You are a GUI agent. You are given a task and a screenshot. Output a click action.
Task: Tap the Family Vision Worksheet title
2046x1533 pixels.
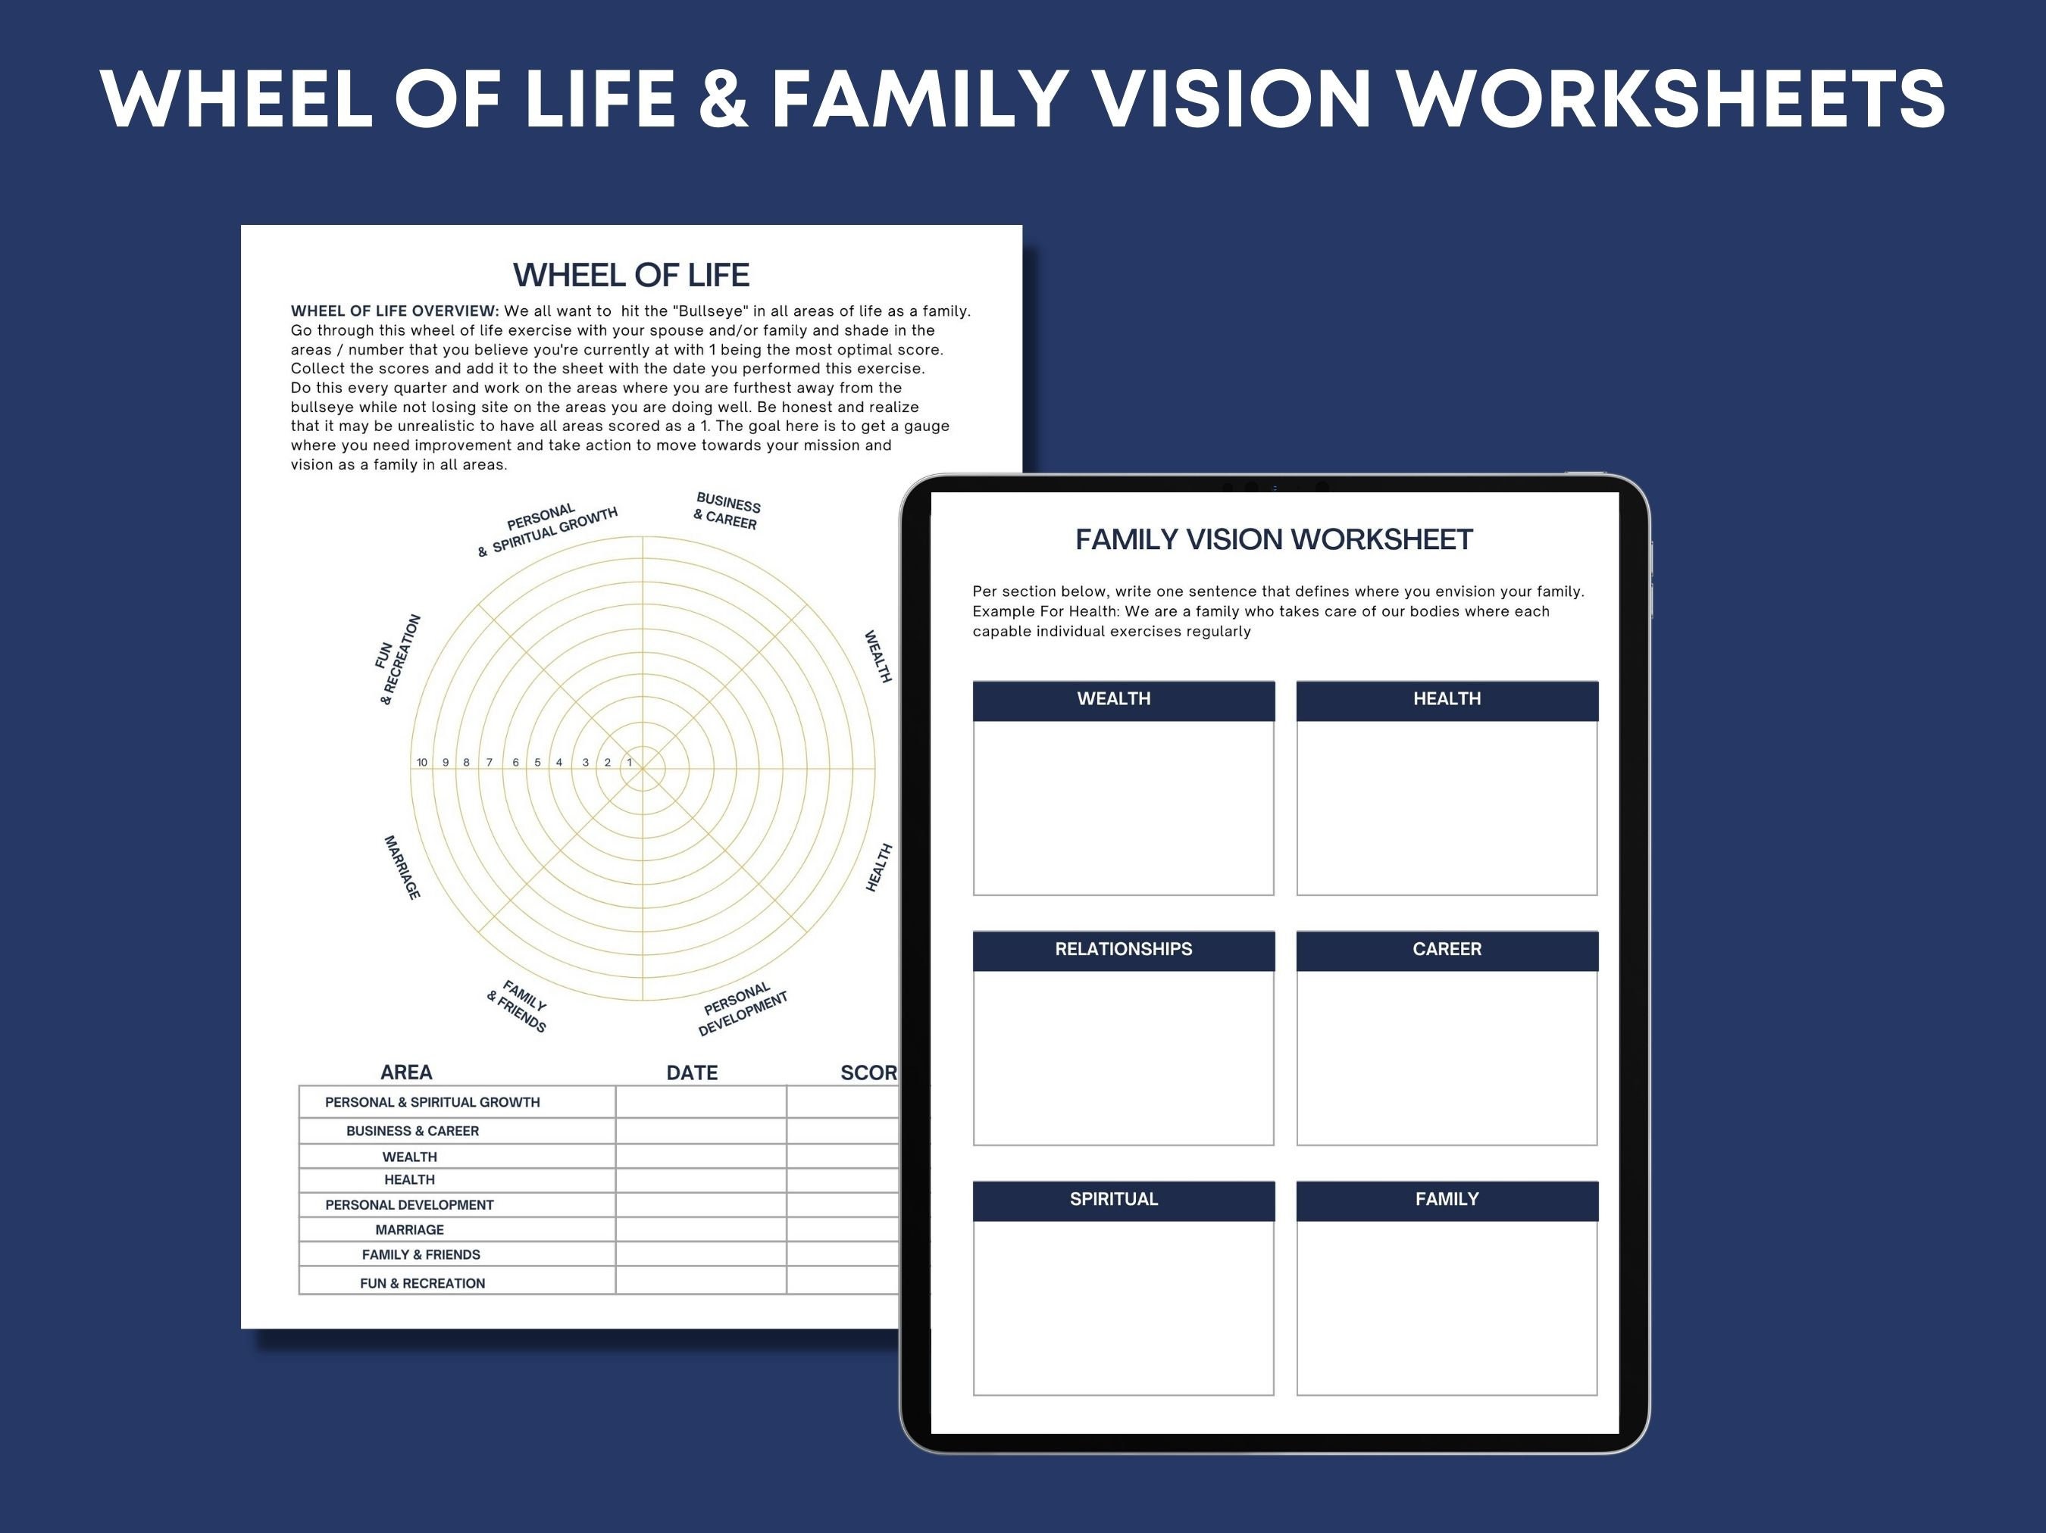1273,539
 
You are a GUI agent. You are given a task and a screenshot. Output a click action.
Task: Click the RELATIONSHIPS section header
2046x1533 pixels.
1123,950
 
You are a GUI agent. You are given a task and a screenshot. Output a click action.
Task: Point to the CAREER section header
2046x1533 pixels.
1447,950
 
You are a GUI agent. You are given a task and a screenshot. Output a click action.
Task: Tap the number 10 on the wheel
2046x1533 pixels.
422,763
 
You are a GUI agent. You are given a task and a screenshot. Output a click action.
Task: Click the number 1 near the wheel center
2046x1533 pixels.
630,763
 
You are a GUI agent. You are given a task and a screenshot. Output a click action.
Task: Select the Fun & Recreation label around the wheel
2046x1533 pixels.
398,659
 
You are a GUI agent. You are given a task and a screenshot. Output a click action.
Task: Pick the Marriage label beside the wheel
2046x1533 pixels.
402,867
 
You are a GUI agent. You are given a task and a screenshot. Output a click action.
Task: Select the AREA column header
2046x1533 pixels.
406,1072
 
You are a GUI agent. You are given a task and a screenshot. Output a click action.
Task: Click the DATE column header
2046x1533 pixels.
692,1073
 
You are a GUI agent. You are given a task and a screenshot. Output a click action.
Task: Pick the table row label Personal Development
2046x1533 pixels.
409,1205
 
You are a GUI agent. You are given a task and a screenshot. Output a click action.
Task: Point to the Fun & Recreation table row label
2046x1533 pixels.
422,1283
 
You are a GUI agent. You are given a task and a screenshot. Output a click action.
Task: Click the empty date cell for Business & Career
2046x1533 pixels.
700,1131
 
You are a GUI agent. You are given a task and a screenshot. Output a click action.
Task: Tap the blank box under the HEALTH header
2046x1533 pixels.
1447,808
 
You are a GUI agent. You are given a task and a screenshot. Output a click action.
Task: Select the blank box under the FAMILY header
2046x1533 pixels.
1447,1307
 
